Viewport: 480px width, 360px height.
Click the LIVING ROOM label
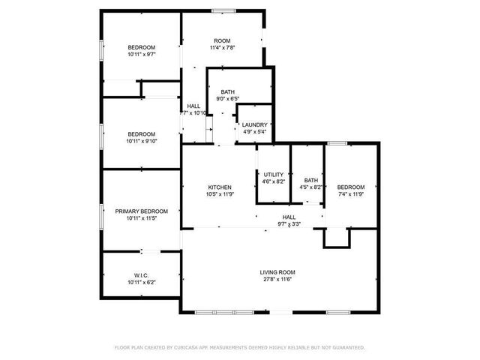click(277, 272)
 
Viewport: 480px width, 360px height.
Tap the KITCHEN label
click(220, 187)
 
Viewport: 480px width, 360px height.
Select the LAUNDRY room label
click(255, 125)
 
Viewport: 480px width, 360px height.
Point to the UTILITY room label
click(273, 174)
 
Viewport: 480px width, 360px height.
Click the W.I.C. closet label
click(141, 275)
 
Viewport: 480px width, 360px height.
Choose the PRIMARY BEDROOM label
click(141, 211)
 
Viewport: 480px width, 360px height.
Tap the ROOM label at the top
click(221, 40)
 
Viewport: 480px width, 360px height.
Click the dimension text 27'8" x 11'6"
click(277, 280)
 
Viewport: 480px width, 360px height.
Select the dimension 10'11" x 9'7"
click(141, 55)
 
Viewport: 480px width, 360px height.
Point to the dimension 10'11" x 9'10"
click(141, 141)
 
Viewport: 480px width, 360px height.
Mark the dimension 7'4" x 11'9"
click(350, 194)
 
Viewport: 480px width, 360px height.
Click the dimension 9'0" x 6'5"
click(227, 98)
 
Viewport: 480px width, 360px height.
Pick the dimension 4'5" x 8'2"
click(310, 187)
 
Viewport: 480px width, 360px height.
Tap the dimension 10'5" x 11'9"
click(220, 194)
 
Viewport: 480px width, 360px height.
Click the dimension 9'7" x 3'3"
click(289, 223)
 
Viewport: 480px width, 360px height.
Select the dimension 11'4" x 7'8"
click(221, 48)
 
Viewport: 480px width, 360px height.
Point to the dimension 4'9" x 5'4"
click(255, 132)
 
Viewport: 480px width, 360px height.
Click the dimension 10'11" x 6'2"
click(141, 283)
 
